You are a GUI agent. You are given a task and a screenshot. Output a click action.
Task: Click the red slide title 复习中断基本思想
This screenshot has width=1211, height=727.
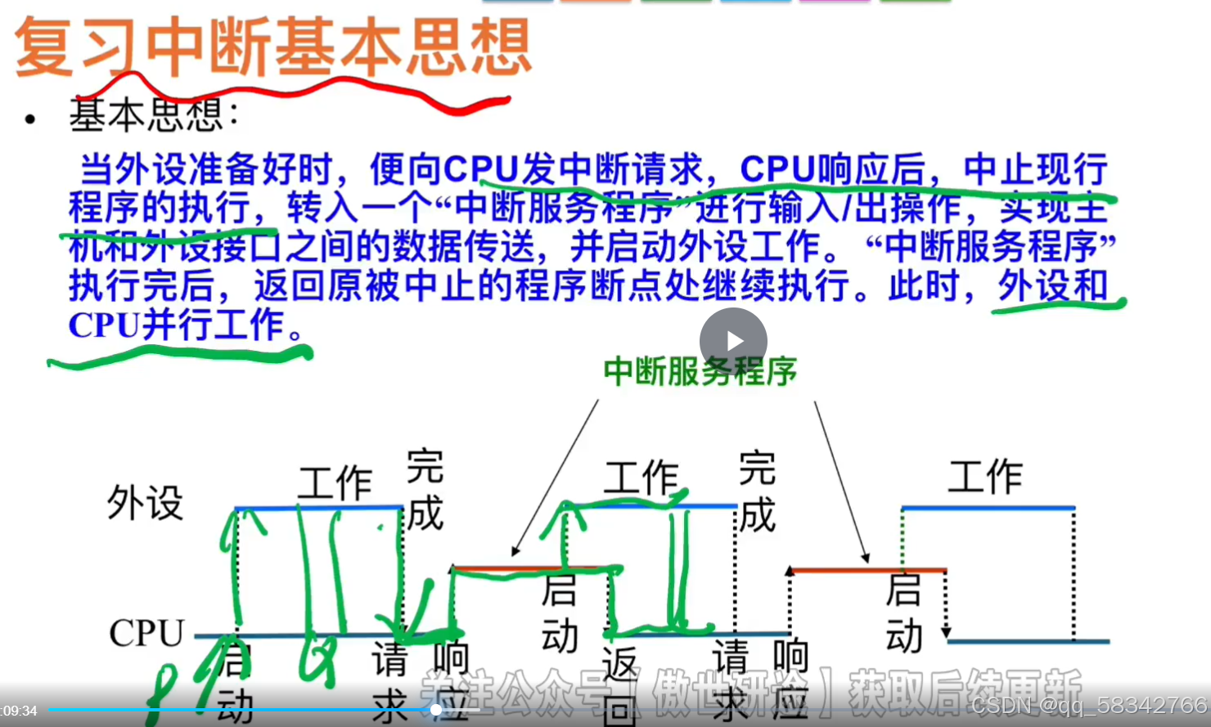pyautogui.click(x=272, y=47)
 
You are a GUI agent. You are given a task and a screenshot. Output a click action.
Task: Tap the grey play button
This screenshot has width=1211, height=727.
pyautogui.click(x=733, y=341)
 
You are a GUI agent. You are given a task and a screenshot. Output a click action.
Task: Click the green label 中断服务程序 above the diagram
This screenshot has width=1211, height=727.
pyautogui.click(x=700, y=372)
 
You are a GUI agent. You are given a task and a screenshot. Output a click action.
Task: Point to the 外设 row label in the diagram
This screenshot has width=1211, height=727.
pyautogui.click(x=145, y=502)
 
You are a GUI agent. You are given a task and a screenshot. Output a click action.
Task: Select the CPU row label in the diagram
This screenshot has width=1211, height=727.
pyautogui.click(x=146, y=633)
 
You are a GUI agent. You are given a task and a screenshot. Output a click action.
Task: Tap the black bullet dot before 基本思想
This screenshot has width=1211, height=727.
pyautogui.click(x=30, y=120)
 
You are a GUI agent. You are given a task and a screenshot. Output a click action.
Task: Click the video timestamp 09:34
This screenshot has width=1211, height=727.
pyautogui.click(x=20, y=711)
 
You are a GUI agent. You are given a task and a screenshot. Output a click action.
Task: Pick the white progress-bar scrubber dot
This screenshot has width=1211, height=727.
pyautogui.click(x=437, y=710)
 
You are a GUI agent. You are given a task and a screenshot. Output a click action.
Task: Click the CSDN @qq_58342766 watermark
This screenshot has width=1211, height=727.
pyautogui.click(x=1089, y=705)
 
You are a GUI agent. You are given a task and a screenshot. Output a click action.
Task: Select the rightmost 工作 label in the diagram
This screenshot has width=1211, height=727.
pyautogui.click(x=985, y=477)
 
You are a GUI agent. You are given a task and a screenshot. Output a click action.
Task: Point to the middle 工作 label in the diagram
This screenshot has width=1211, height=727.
pyautogui.click(x=642, y=478)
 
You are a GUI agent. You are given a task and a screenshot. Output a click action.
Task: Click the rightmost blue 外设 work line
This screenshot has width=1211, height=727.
pyautogui.click(x=988, y=509)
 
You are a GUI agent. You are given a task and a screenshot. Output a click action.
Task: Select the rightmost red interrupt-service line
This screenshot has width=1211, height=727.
pyautogui.click(x=867, y=570)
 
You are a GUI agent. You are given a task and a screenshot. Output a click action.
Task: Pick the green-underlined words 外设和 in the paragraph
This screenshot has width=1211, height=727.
pyautogui.click(x=1052, y=286)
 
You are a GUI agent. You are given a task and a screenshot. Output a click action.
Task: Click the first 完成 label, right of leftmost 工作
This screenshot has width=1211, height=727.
pyautogui.click(x=425, y=490)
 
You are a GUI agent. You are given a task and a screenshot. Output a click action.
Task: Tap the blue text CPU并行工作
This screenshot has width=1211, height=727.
pyautogui.click(x=176, y=325)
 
